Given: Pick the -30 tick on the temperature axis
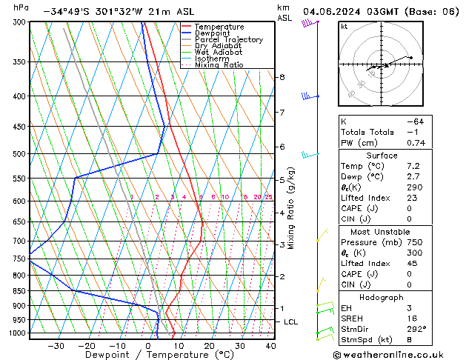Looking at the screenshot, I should [x=56, y=346].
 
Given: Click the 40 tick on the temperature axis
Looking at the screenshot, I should [x=270, y=346].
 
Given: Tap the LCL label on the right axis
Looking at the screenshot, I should [x=290, y=321].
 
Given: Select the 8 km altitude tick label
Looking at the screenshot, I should [x=282, y=77].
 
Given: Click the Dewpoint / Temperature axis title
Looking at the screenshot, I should [x=149, y=355].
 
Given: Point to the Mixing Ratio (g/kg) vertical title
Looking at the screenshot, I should [x=291, y=208].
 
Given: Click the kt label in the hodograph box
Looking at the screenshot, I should [x=344, y=27].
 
